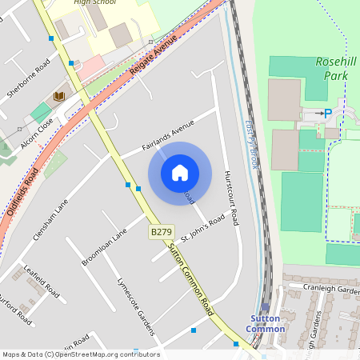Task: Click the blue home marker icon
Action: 180,173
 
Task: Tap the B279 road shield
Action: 161,232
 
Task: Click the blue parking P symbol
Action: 327,114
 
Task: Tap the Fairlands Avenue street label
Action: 168,136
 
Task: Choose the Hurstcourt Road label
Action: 231,197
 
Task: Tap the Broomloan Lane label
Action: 104,248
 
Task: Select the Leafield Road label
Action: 42,282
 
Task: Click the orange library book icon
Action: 58,97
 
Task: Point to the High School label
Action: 94,2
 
